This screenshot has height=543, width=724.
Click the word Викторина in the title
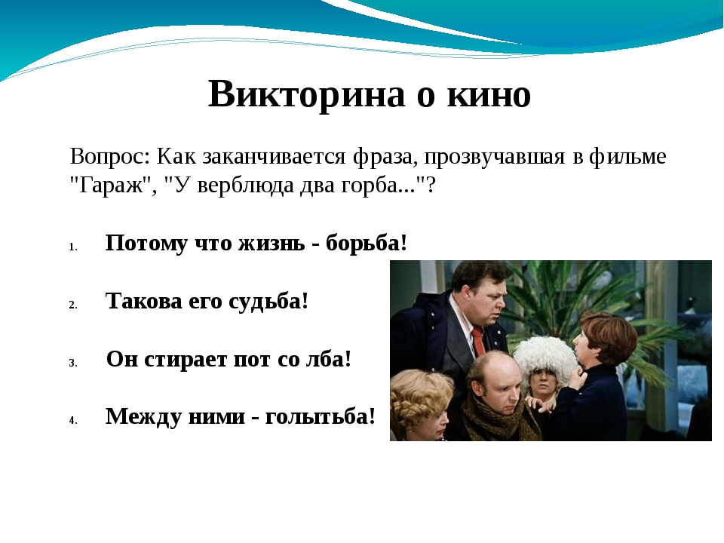pyautogui.click(x=307, y=94)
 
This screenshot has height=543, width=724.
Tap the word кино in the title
pyautogui.click(x=489, y=95)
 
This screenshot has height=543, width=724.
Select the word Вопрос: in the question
pyautogui.click(x=110, y=157)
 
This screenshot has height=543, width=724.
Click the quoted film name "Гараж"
pyautogui.click(x=113, y=186)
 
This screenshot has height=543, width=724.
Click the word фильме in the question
pyautogui.click(x=627, y=157)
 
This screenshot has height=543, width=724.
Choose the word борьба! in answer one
pyautogui.click(x=367, y=243)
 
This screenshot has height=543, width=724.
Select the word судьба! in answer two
pyautogui.click(x=268, y=302)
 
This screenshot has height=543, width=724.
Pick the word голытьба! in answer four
pyautogui.click(x=320, y=416)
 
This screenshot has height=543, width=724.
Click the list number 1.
pyautogui.click(x=72, y=247)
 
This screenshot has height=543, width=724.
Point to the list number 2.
pyautogui.click(x=73, y=305)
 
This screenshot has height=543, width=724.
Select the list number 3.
pyautogui.click(x=73, y=364)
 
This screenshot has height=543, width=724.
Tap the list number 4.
pyautogui.click(x=73, y=421)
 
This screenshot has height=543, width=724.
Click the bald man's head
pyautogui.click(x=493, y=379)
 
